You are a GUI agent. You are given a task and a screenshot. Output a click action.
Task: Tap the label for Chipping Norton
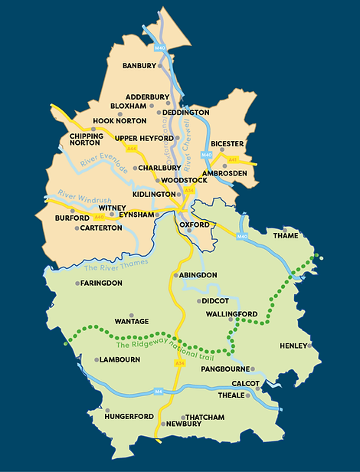click(x=86, y=139)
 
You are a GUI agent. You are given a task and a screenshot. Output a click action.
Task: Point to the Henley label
click(x=293, y=345)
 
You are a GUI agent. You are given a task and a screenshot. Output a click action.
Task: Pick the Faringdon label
click(x=102, y=283)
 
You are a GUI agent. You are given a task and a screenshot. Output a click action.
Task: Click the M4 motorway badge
click(x=159, y=391)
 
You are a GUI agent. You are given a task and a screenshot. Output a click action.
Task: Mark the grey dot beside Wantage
click(x=132, y=314)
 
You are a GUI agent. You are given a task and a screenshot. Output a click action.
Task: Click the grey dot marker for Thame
click(x=285, y=229)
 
